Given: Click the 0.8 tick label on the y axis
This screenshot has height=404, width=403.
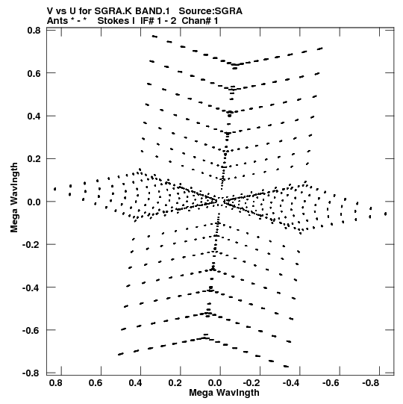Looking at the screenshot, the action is pos(34,31).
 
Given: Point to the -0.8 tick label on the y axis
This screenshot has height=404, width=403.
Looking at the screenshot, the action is pos(31,373).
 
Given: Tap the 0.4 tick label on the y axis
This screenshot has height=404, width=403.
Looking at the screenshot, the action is pos(34,116).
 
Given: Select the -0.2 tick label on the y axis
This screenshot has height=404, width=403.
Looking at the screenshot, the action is pos(31,244).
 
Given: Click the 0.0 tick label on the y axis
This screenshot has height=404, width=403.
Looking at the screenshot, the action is pos(34,202).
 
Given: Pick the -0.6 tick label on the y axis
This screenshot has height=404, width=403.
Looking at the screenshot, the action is pos(31,330).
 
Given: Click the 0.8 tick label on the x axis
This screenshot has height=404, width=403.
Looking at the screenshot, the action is pos(56,383).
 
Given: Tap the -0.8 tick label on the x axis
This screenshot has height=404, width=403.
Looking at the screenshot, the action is pos(371,383).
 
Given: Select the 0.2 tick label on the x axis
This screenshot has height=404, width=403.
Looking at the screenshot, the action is pos(175,383).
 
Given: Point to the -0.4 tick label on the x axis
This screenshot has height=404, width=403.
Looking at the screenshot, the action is pos(291,383).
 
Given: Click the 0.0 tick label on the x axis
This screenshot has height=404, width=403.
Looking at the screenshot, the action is pos(215,383).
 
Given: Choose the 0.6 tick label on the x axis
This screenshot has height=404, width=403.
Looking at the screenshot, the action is pos(96,383).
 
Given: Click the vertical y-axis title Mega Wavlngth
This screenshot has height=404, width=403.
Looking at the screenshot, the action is pos(14,198).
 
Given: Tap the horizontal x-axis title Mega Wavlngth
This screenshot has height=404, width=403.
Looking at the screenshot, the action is pos(225,393).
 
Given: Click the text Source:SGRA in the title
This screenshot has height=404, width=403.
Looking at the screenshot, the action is pos(210,11).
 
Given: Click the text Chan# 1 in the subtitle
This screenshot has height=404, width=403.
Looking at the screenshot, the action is pos(200,21).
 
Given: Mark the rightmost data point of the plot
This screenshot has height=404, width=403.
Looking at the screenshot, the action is pos(386,214).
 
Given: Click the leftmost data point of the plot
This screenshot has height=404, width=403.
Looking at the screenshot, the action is pos(54,189).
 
